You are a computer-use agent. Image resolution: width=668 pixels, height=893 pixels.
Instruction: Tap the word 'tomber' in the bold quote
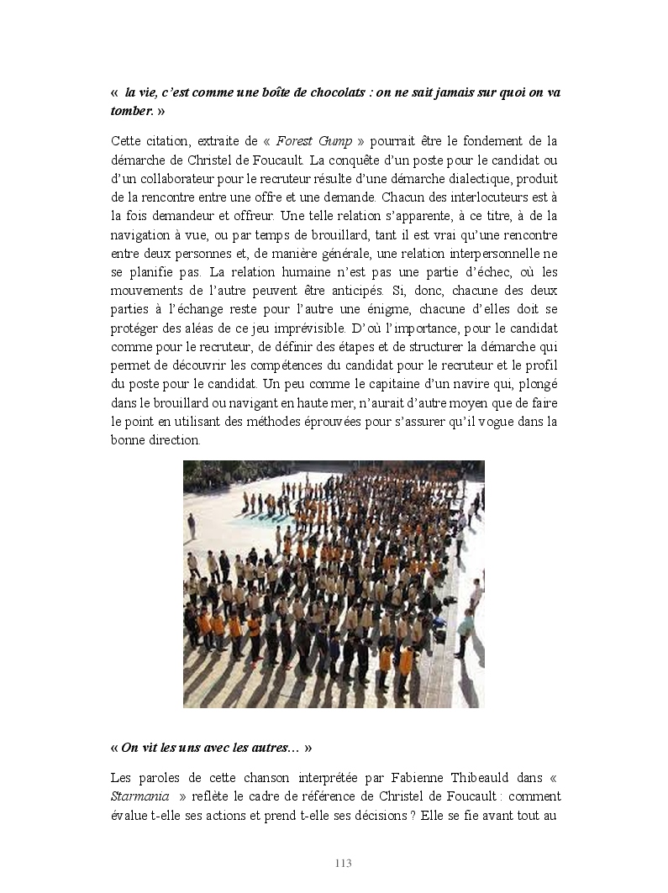pyautogui.click(x=131, y=110)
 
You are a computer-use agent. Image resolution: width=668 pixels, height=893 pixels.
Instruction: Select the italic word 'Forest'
pyautogui.click(x=295, y=140)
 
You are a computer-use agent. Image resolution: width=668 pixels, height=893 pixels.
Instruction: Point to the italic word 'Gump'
pyautogui.click(x=335, y=140)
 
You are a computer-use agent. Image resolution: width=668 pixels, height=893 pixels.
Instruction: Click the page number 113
pyautogui.click(x=343, y=864)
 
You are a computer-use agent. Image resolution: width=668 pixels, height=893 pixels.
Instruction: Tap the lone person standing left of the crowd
pyautogui.click(x=192, y=526)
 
